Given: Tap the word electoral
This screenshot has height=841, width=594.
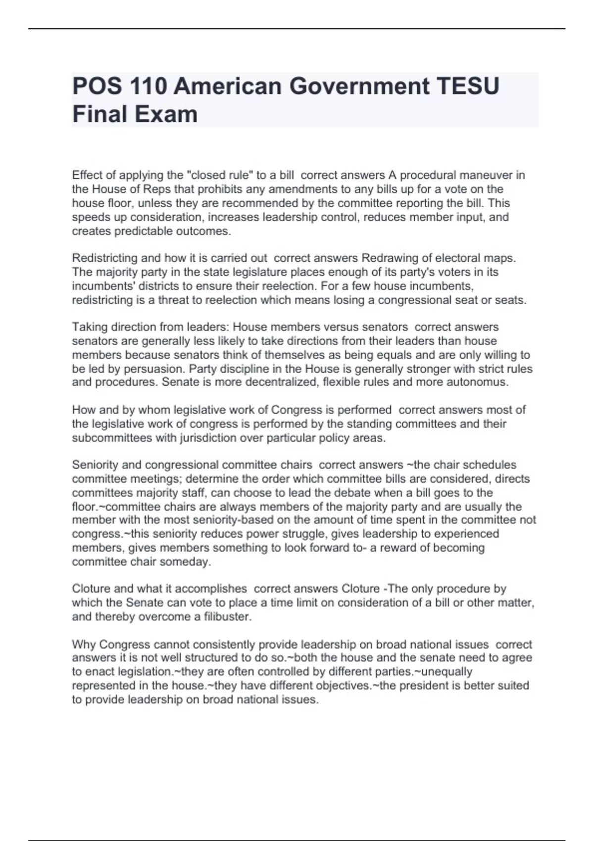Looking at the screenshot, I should coord(449,258).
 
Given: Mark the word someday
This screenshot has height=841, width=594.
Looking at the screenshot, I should coord(190,562).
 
